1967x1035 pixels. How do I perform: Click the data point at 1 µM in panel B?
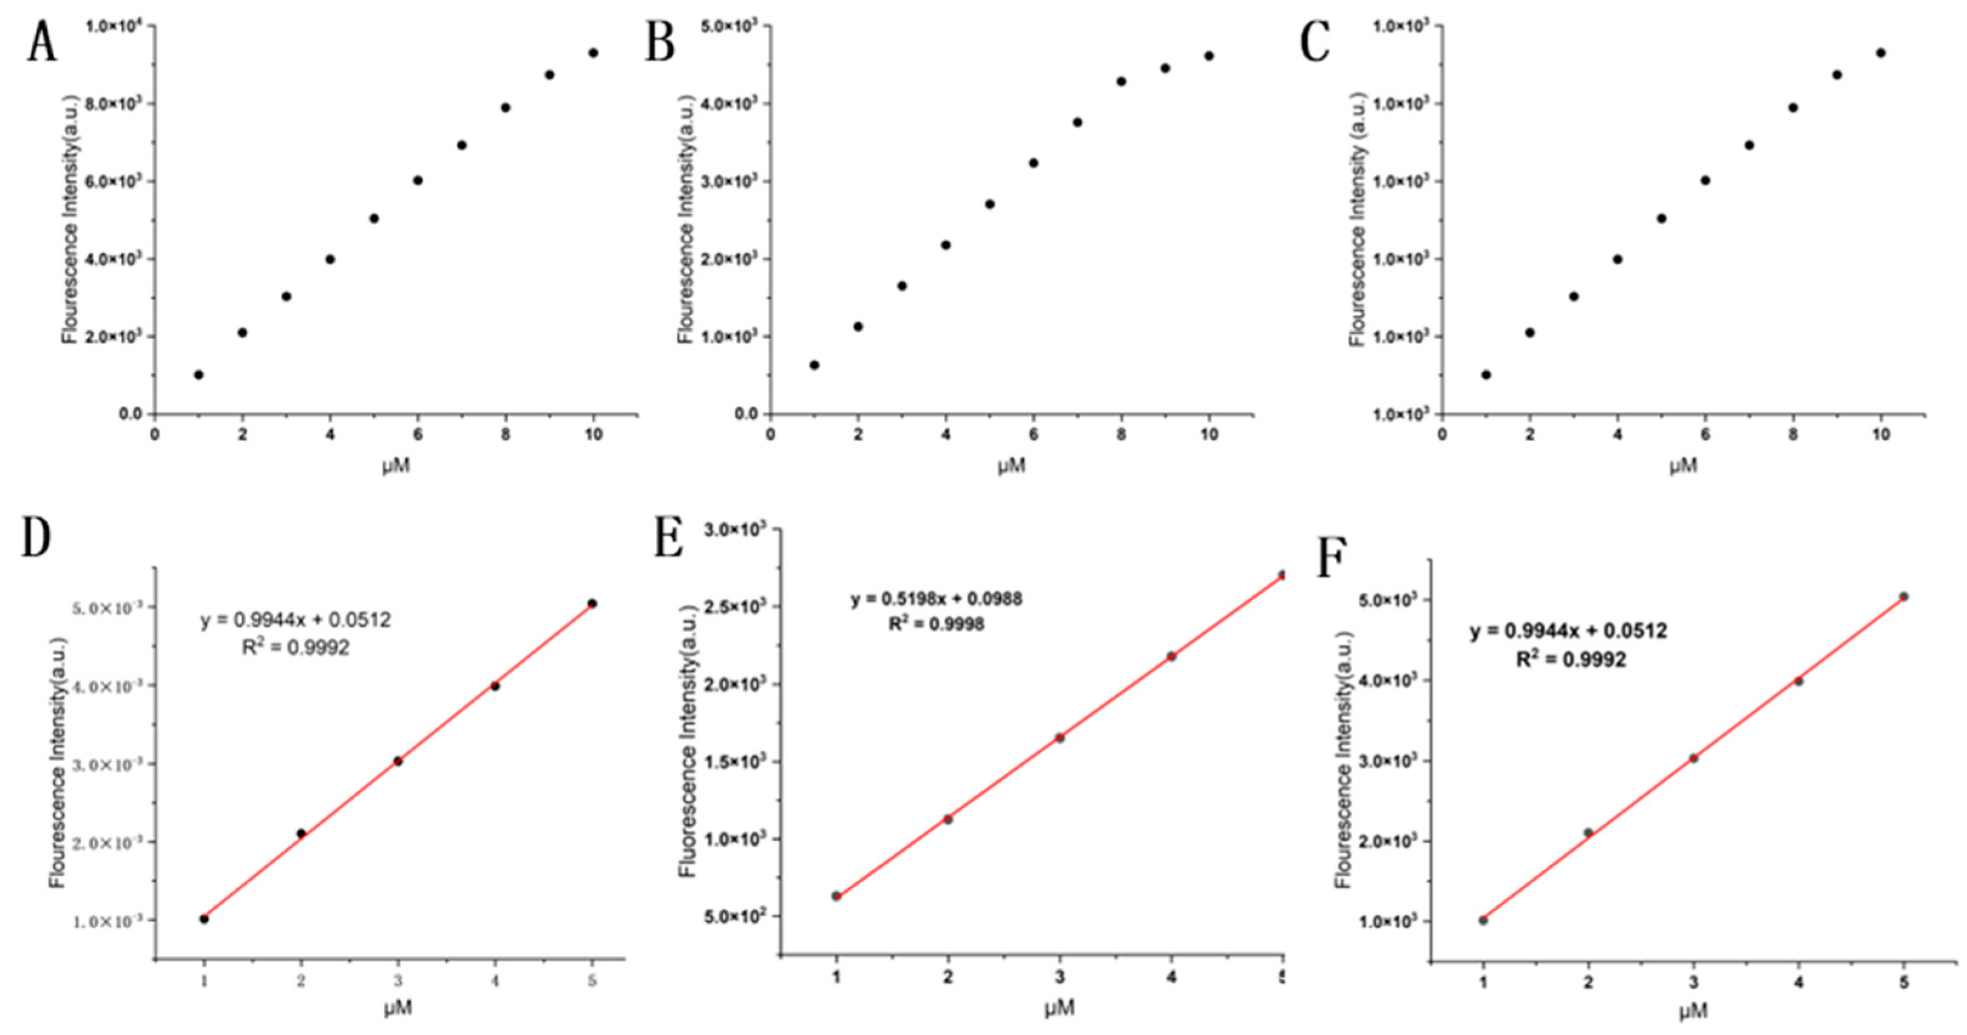coord(814,365)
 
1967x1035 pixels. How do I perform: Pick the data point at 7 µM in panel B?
coord(1077,122)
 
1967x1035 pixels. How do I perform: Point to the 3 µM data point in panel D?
coord(398,761)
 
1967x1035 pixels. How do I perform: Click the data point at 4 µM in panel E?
coord(1171,656)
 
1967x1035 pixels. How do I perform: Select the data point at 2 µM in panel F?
coord(1588,833)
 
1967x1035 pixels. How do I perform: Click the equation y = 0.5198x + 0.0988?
coord(936,599)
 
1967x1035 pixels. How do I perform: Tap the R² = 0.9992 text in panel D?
coord(296,648)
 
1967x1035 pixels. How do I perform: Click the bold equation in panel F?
coord(1568,631)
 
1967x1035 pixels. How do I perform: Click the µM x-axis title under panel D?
coord(397,1008)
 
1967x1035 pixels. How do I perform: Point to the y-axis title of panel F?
coord(1345,760)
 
